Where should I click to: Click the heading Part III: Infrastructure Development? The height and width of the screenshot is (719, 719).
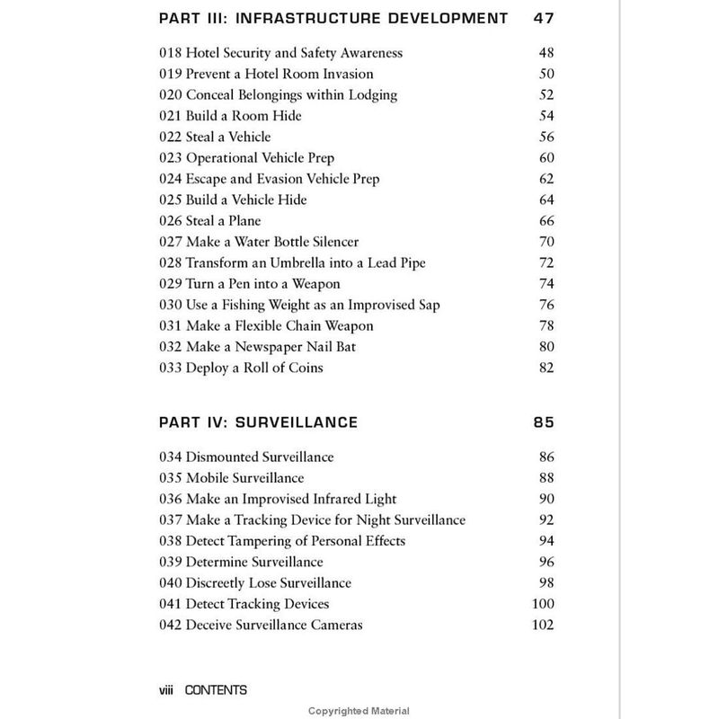333,18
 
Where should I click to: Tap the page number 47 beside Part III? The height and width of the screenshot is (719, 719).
542,18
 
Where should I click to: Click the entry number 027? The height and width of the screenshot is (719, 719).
171,242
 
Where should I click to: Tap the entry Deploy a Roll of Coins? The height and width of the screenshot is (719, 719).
240,368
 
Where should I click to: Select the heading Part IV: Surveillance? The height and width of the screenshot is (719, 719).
258,422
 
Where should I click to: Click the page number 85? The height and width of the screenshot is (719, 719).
542,422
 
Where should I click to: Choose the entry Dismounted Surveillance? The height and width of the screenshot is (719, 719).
246,457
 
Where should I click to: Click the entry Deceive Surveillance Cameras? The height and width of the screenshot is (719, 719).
261,625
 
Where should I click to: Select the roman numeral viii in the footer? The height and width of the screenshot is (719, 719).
167,690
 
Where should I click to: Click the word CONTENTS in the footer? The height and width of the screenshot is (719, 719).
216,690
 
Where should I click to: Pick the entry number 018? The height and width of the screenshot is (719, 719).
171,53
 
